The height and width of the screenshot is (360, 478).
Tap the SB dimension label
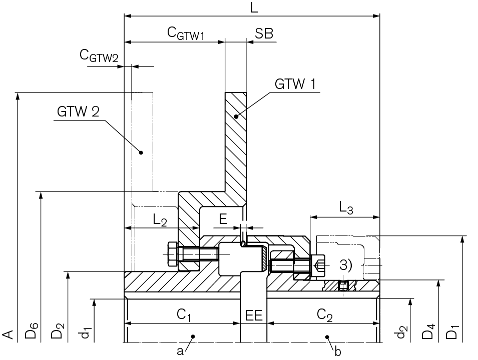264,33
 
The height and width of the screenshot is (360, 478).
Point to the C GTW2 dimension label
100,55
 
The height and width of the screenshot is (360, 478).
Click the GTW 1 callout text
295,83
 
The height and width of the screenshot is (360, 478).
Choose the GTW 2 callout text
78,111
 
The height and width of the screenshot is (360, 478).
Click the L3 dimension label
346,207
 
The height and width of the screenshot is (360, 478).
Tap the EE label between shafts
254,315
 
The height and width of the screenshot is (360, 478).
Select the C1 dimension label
184,315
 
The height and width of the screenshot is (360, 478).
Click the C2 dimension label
325,315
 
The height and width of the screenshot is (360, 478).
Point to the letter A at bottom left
8,333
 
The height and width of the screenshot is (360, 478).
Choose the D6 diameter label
32,332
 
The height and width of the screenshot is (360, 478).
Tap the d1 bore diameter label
87,332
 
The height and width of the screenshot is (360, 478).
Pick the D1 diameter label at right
453,332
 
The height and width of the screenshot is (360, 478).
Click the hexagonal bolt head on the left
170,254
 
